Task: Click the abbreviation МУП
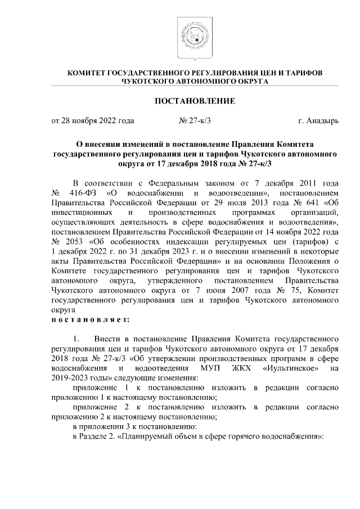pyautogui.click(x=210, y=367)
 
